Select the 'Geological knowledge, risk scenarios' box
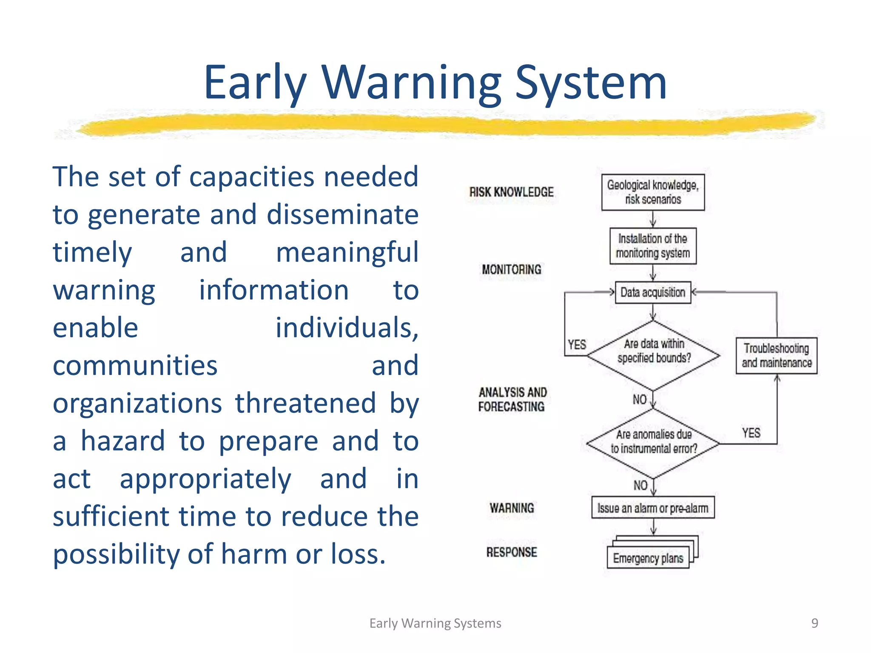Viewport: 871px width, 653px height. (x=653, y=192)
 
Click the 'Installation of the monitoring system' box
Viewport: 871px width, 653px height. (x=653, y=246)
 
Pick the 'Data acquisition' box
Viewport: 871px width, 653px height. (x=653, y=292)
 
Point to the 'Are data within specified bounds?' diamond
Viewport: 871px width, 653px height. (x=654, y=355)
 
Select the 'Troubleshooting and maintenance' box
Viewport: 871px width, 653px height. (x=777, y=356)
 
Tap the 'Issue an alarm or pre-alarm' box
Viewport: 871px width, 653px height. (x=653, y=508)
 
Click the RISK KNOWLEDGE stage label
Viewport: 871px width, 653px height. (x=511, y=192)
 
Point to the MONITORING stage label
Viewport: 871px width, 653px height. (x=512, y=270)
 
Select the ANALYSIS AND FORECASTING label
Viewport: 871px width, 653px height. (x=512, y=399)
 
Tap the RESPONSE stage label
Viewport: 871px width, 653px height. (x=512, y=552)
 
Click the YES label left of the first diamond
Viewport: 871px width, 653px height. (x=577, y=344)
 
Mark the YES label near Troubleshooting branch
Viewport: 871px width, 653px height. (x=751, y=433)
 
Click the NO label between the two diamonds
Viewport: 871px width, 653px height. (x=639, y=400)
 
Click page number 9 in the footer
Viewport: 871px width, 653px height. (x=814, y=623)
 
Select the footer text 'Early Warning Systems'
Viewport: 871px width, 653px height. (x=435, y=623)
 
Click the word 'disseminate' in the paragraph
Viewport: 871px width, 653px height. (x=342, y=214)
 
